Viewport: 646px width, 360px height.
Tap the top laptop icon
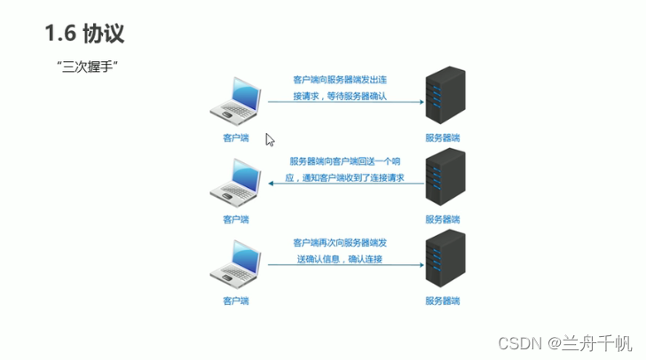[238, 99]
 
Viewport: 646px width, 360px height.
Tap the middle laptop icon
[237, 181]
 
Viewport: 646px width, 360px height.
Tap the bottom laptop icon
[237, 262]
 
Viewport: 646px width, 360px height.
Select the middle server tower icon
[444, 177]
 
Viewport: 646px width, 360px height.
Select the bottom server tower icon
[444, 258]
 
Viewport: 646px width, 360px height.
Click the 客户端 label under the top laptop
[236, 137]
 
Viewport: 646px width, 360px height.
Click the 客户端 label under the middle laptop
[236, 219]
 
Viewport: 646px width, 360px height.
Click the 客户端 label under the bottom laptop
[236, 301]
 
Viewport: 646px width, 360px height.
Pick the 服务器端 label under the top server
[443, 137]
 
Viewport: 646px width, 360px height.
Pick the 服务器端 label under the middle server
[443, 219]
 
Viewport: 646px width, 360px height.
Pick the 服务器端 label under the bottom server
[443, 301]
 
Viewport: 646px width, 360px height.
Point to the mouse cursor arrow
[270, 139]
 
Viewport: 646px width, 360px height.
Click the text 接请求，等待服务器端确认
[342, 97]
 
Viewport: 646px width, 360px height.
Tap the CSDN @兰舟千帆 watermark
[564, 342]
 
